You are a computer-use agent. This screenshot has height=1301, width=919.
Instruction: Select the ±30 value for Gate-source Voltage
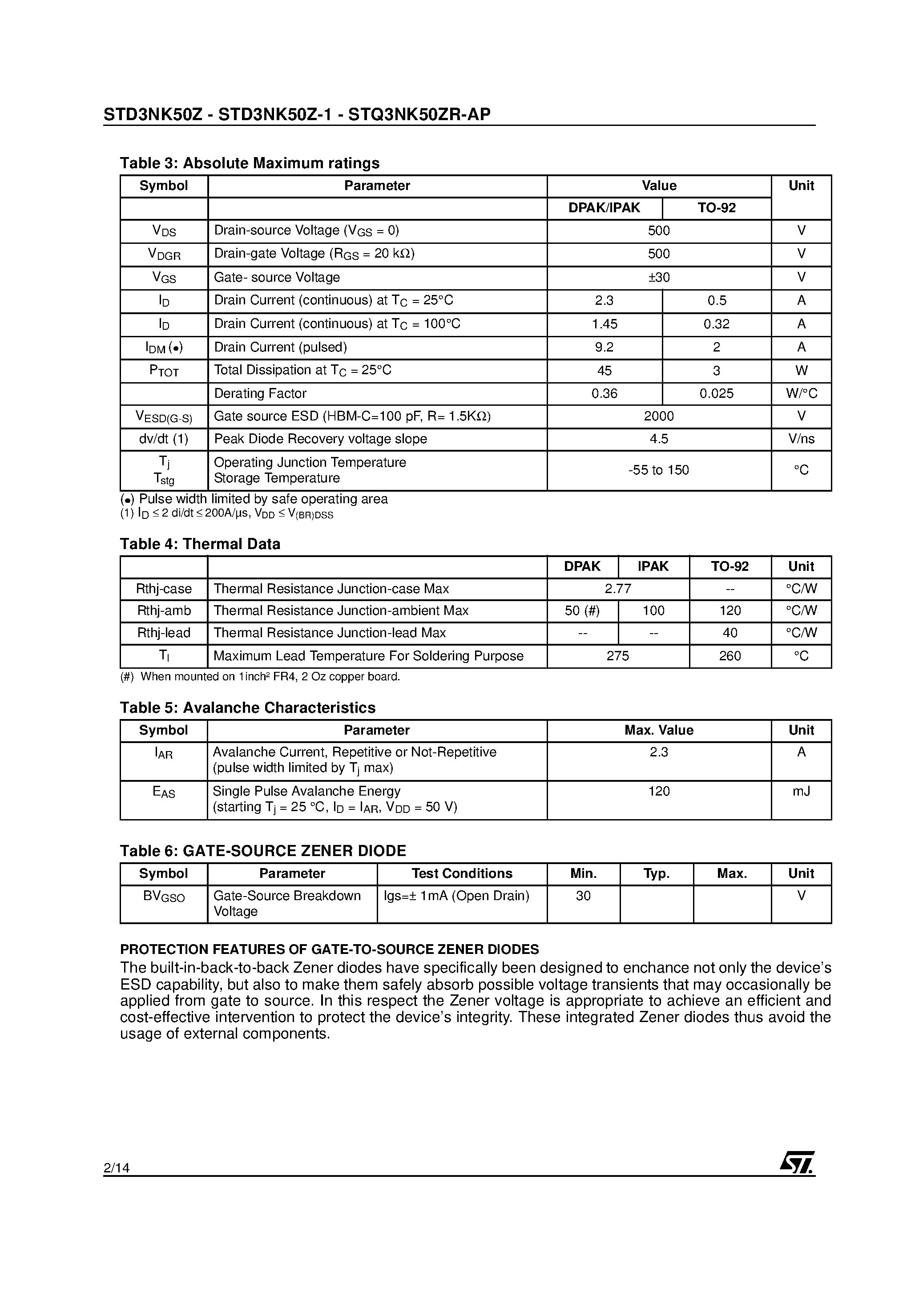tap(658, 278)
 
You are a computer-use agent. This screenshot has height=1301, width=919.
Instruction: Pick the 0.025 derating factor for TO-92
tap(716, 394)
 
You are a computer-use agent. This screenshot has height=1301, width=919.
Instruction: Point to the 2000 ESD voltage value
tap(658, 416)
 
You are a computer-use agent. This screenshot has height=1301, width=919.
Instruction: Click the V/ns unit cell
tap(801, 439)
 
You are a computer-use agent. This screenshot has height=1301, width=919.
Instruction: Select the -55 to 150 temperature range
tap(658, 470)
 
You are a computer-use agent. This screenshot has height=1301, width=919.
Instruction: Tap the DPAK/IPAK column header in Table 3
tap(604, 208)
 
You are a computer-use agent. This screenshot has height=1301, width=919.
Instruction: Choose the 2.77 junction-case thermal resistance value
tap(617, 589)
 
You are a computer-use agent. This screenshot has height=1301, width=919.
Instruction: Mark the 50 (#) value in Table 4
tap(582, 611)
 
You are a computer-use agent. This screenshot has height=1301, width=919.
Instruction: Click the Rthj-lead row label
tap(164, 633)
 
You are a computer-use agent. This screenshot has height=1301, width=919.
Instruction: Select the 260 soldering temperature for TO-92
tap(730, 656)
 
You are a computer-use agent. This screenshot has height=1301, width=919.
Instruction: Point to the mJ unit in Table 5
tap(801, 791)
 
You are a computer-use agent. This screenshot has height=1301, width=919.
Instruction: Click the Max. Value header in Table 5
tap(658, 731)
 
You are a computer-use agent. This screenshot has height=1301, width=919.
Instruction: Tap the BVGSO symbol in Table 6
tap(164, 897)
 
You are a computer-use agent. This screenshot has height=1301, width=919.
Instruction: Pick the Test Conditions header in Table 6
tap(462, 874)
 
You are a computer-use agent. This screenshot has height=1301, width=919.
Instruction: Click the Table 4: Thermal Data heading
tap(200, 544)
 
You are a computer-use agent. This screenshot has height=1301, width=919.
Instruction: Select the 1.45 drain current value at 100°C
tap(604, 324)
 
